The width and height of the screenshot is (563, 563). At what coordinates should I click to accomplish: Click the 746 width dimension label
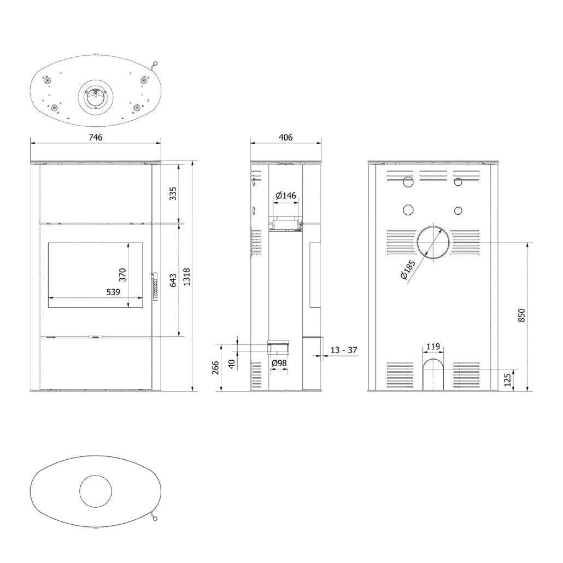(x=96, y=137)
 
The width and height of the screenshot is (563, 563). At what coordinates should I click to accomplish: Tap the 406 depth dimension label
(x=285, y=137)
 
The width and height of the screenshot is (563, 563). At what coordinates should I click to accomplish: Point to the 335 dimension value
(x=173, y=193)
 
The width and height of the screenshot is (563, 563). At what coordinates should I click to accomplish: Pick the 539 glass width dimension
(x=113, y=292)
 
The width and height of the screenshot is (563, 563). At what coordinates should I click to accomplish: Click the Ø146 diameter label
(x=285, y=195)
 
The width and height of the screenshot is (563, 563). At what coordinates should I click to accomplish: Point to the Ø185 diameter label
(x=408, y=270)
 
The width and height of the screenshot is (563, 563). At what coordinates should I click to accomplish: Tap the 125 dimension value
(x=508, y=379)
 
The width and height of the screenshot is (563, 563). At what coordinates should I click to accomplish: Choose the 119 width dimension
(x=433, y=346)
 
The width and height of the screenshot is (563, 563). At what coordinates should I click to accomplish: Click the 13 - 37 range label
(x=344, y=350)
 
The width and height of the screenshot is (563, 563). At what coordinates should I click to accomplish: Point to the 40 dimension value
(x=232, y=363)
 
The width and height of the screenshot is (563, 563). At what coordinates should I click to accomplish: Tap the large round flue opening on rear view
(x=434, y=241)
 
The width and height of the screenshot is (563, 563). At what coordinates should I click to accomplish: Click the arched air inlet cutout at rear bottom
(x=433, y=374)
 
